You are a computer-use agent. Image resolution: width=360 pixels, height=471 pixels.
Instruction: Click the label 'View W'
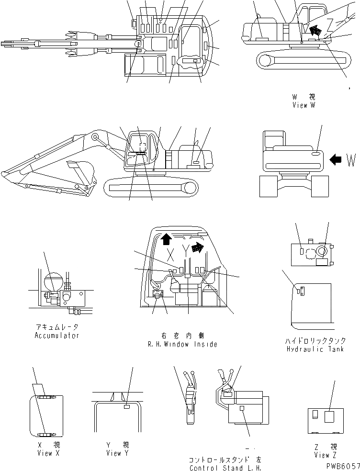[x=304, y=105]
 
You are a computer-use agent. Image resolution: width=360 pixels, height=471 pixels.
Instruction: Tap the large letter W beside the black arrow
[x=350, y=160]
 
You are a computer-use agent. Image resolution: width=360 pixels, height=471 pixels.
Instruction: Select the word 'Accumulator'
[x=57, y=335]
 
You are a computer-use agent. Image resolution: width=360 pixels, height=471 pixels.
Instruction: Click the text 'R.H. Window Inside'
[x=183, y=344]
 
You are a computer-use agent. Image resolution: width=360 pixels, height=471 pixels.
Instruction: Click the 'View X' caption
[x=48, y=453]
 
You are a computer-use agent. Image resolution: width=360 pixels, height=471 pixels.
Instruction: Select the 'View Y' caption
[x=118, y=453]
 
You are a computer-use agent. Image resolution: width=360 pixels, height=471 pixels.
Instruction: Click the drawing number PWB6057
[x=341, y=465]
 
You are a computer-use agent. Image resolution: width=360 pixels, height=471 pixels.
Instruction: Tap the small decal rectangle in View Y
[x=126, y=406]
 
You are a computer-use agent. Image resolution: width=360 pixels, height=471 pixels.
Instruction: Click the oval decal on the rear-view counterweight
[x=316, y=154]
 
